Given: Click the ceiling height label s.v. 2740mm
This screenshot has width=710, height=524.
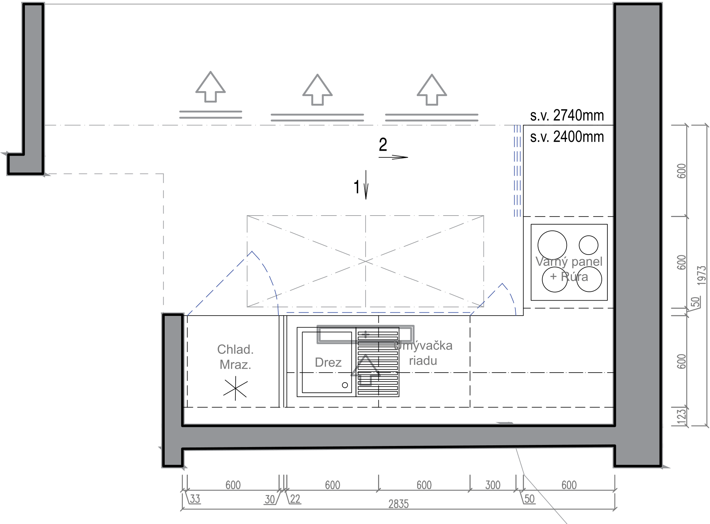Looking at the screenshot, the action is point(567,116).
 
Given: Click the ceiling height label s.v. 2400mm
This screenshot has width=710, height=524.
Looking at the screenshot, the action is point(567,137).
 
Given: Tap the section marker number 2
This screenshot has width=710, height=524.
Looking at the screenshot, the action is point(383,145).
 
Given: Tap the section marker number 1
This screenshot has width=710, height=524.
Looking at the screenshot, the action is point(357,187).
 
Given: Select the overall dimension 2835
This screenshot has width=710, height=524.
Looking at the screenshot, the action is point(398,504).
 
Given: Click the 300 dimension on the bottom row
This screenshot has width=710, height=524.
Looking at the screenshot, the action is point(493,485).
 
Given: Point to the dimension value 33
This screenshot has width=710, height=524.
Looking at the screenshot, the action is point(195,499).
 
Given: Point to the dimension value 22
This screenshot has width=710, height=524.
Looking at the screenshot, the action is point(295,499).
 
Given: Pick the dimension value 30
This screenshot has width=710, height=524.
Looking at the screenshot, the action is point(270,499).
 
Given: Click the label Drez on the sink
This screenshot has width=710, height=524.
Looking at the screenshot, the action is point(328,362).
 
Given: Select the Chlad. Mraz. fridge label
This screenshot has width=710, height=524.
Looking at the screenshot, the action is point(235,357).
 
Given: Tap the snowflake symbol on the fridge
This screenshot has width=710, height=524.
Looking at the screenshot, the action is point(235,389).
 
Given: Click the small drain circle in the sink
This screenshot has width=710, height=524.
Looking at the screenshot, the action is point(345,385).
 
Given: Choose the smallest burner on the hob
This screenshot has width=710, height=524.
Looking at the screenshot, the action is point(588,245).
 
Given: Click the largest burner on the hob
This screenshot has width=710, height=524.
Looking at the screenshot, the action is point(552,245).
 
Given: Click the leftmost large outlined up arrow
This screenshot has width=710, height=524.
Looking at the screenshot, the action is point(211,87).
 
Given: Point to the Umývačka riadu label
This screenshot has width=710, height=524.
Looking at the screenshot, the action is point(423,353).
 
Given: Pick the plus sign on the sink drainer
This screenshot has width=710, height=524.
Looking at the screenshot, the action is point(366,334).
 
